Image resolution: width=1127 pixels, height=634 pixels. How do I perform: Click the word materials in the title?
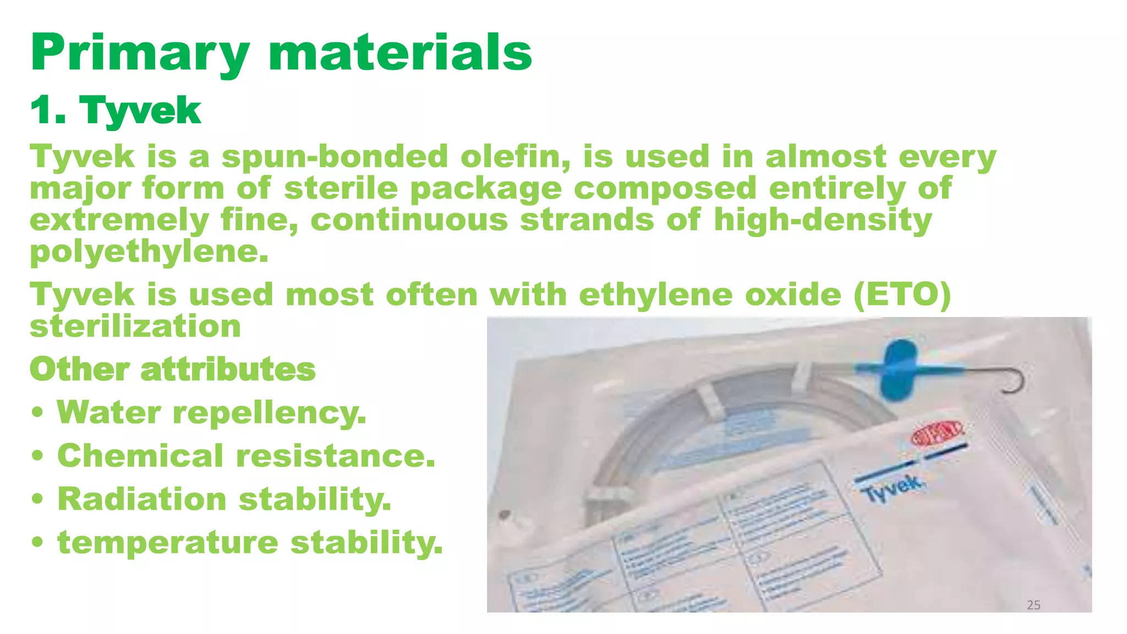[x=400, y=53]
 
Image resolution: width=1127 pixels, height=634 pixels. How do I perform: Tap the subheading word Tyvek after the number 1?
[x=140, y=110]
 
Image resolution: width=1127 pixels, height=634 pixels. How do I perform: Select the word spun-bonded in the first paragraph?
[x=335, y=157]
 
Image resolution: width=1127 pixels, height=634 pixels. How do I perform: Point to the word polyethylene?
[x=149, y=252]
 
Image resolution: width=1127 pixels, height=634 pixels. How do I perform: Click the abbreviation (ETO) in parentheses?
[x=902, y=294]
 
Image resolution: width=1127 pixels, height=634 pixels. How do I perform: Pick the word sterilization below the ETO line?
[x=135, y=326]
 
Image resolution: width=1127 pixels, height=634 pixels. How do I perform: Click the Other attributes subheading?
[x=172, y=369]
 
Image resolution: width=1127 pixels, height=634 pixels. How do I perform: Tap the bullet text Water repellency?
[x=211, y=412]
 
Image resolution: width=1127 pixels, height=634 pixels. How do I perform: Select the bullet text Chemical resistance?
[x=246, y=456]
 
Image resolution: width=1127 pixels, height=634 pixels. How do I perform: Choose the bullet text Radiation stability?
[x=224, y=499]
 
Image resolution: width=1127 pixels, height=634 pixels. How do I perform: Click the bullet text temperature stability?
[x=250, y=543]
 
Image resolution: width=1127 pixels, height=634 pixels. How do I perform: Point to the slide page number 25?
[x=1033, y=605]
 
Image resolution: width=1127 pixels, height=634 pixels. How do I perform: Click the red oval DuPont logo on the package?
[x=937, y=433]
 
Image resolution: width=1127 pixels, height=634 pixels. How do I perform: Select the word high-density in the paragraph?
[x=823, y=220]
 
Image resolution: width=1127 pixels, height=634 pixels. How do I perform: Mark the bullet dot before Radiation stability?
[x=37, y=500]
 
